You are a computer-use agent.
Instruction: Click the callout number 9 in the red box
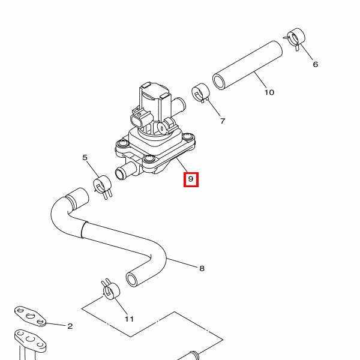191,179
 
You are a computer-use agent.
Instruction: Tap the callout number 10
269,92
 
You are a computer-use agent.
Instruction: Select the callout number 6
316,64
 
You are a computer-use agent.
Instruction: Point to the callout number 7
223,121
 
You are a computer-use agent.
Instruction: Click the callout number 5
85,157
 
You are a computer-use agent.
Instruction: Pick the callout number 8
202,268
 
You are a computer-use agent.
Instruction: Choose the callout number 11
129,319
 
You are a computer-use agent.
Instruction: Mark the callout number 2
70,326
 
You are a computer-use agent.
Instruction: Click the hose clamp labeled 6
295,38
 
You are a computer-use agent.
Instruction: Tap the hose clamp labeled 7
200,93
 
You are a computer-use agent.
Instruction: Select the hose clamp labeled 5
103,186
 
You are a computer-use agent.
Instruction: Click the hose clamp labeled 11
110,290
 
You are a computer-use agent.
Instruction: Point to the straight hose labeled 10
247,65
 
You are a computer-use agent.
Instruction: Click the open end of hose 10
219,82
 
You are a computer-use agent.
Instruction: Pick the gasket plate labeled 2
30,316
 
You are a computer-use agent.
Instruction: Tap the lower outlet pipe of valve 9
126,170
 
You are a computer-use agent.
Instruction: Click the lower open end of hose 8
132,279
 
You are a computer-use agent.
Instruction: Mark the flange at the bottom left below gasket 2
30,340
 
